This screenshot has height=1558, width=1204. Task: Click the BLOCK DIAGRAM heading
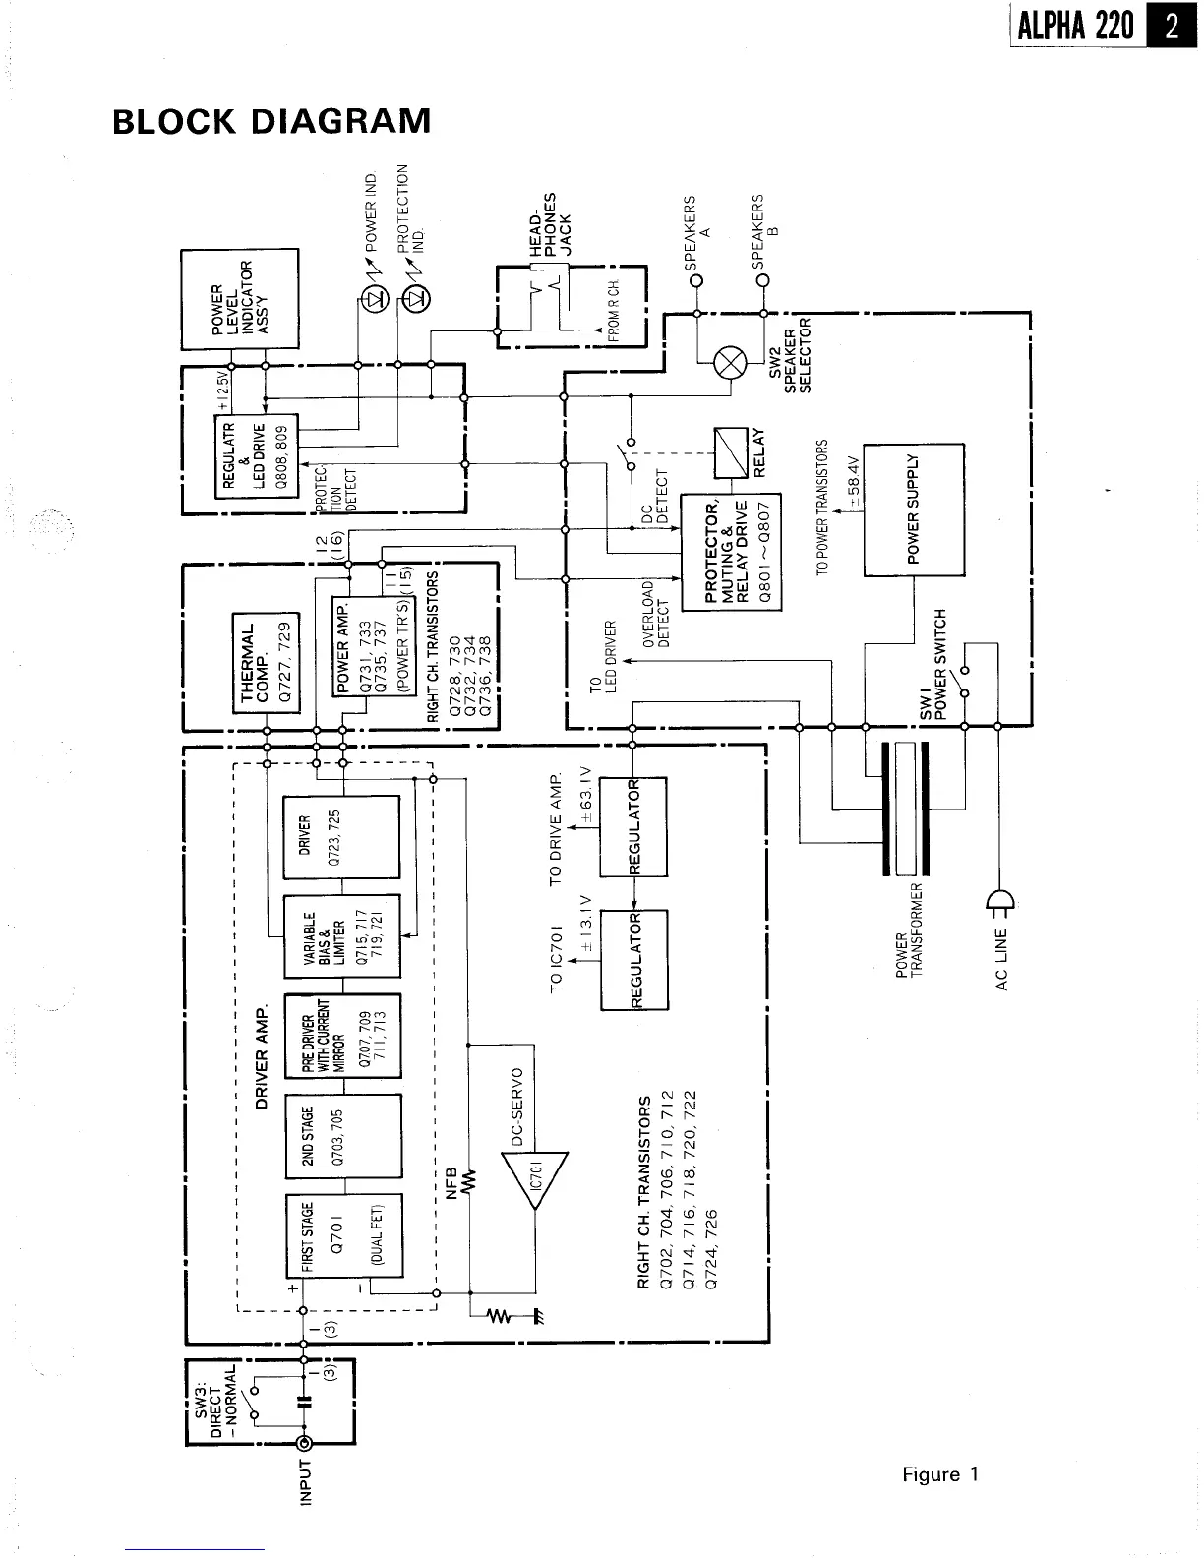coord(271,121)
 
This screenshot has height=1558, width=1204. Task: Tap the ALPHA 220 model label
coord(1076,26)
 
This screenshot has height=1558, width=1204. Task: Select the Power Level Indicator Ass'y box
coord(239,298)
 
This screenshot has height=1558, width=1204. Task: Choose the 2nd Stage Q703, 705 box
coord(342,1135)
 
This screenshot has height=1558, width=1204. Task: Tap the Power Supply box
coord(913,509)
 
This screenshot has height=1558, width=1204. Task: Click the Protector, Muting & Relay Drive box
coord(731,551)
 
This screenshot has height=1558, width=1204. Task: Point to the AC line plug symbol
coord(998,902)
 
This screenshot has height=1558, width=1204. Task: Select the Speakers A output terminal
coord(696,280)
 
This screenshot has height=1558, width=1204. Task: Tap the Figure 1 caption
coord(940,1474)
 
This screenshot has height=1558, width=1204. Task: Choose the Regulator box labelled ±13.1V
coord(633,959)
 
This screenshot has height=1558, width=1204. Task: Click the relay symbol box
coord(731,452)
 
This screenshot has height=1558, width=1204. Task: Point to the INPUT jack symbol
coord(305,1443)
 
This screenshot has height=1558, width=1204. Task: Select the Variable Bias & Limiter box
coord(341,935)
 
